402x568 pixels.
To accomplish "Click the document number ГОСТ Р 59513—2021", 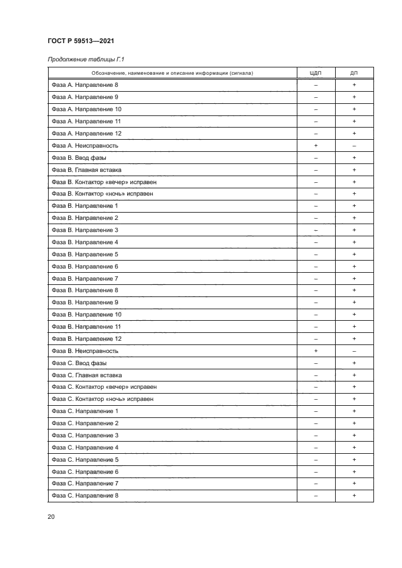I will click(x=81, y=41).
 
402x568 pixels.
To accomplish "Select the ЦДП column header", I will click(x=316, y=73).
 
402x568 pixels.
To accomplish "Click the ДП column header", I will click(x=354, y=73).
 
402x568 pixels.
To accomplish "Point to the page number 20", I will click(x=51, y=516).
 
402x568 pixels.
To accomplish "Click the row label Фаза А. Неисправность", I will click(x=85, y=146).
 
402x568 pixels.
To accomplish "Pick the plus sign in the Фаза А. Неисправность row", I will click(x=316, y=146).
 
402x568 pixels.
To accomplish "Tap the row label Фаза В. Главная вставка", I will click(x=86, y=170).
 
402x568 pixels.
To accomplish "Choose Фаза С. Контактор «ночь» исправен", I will click(x=102, y=399).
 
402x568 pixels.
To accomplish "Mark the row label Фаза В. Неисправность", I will click(x=85, y=351).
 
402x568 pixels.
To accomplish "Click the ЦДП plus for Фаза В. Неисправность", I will click(x=316, y=351).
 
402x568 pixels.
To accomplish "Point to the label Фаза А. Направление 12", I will click(x=87, y=134).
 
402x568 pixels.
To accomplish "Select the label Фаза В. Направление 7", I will click(x=85, y=278).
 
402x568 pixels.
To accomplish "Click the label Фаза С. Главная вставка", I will click(x=86, y=375).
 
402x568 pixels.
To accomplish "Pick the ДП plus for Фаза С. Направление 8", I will click(x=354, y=496).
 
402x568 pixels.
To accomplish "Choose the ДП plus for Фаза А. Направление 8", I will click(x=354, y=86).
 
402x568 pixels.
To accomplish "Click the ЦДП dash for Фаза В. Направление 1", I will click(x=316, y=206).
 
